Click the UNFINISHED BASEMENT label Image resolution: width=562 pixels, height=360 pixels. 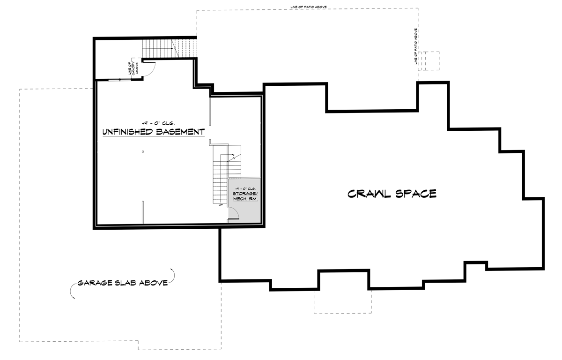tap(154, 132)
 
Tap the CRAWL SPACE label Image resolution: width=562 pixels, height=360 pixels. tap(392, 194)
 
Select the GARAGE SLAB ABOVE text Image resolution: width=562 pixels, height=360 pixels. tap(122, 283)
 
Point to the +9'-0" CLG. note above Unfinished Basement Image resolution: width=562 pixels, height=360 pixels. tap(153, 121)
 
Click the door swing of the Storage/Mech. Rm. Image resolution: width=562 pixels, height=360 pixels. tap(234, 215)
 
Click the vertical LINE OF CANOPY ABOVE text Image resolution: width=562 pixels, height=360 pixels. tap(133, 68)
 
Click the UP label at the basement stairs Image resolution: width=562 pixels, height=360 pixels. tap(221, 205)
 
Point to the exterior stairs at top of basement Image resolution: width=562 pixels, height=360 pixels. tap(159, 48)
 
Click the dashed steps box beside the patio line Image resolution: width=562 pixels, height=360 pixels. tap(429, 60)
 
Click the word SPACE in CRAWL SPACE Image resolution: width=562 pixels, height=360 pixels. tap(415, 194)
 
